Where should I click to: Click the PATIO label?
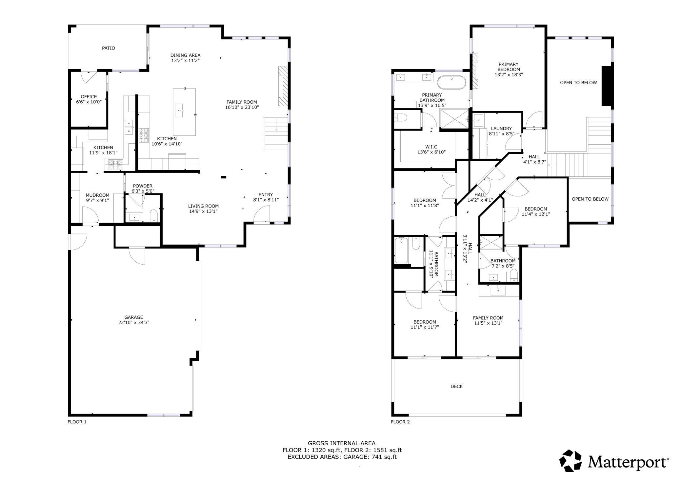click(108, 48)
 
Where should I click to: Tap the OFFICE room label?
click(89, 97)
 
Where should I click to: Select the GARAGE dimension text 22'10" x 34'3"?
click(134, 322)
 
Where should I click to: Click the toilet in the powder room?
click(154, 215)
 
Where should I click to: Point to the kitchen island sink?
click(179, 110)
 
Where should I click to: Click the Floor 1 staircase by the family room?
click(276, 133)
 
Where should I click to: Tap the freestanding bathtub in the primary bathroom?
click(451, 82)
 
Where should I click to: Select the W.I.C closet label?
click(431, 147)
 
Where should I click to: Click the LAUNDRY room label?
click(501, 129)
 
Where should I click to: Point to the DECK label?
click(456, 387)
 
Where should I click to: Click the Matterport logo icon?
click(570, 461)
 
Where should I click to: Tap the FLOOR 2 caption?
click(400, 422)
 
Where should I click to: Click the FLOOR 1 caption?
click(77, 422)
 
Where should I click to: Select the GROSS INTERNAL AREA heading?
click(342, 443)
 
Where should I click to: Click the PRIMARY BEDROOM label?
click(509, 67)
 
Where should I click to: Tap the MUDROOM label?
click(97, 195)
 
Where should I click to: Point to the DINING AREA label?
click(185, 55)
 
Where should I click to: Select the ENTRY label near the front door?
click(266, 194)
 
